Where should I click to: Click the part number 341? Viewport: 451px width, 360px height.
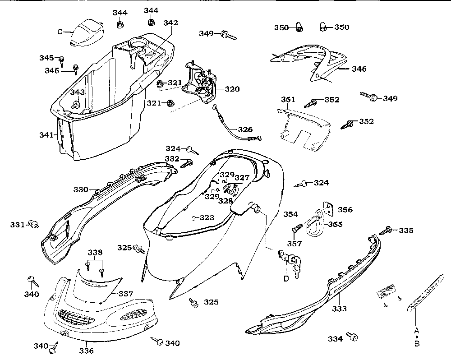tap(46, 134)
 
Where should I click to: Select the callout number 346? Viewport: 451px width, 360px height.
tap(359, 69)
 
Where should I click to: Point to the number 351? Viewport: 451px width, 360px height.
tap(288, 100)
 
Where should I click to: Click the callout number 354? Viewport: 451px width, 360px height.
tap(290, 214)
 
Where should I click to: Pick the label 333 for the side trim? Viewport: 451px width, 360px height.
tap(340, 309)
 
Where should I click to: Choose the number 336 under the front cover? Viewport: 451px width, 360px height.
tap(87, 351)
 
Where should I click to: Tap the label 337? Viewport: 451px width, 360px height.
tap(127, 294)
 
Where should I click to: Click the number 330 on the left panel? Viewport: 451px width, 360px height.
tap(81, 190)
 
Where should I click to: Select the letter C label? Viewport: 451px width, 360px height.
tap(60, 32)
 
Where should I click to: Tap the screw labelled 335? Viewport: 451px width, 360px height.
tap(388, 230)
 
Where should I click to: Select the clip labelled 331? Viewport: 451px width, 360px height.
tap(33, 223)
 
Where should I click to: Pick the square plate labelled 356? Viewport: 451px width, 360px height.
tap(328, 208)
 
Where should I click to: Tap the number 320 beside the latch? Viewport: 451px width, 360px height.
tap(232, 89)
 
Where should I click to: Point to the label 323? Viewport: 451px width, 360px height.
tap(207, 217)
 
